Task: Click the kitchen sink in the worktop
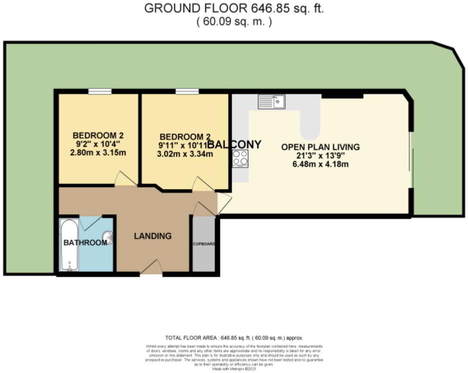point(271,102)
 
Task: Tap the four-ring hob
point(240,158)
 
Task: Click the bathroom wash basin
point(108,237)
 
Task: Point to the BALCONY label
point(234,145)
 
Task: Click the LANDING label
point(153,236)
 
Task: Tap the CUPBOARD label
point(204,244)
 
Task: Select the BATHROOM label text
point(85,243)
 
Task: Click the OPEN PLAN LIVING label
point(320,147)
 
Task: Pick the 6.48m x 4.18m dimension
point(320,164)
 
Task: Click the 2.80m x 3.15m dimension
point(98,153)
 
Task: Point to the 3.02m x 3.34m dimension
point(185,154)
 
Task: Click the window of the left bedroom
point(100,92)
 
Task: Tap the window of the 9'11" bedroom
point(187,92)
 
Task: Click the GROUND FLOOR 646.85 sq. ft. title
point(234,8)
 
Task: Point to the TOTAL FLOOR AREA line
point(234,338)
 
